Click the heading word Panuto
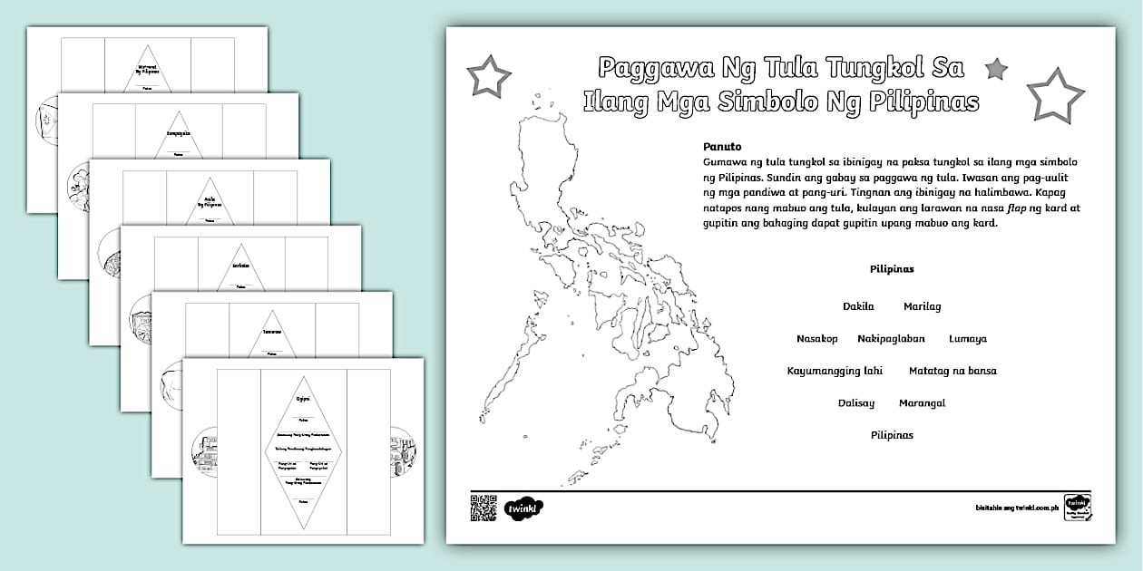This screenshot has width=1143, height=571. click(x=722, y=146)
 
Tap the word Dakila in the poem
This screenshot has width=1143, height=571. click(x=858, y=306)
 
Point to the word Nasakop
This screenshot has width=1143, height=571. click(x=816, y=339)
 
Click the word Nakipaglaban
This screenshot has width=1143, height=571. click(x=891, y=339)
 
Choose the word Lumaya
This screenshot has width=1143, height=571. click(x=968, y=339)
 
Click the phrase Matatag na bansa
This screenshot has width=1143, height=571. click(x=952, y=371)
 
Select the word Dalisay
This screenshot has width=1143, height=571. click(x=856, y=402)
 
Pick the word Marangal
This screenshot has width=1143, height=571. click(x=922, y=402)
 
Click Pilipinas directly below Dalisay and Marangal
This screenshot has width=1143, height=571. click(x=892, y=435)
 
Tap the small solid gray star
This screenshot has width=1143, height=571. click(x=996, y=68)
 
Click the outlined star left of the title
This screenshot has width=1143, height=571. click(x=488, y=76)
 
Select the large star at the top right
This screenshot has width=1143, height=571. click(x=1055, y=95)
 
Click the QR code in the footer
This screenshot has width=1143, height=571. click(x=484, y=507)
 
